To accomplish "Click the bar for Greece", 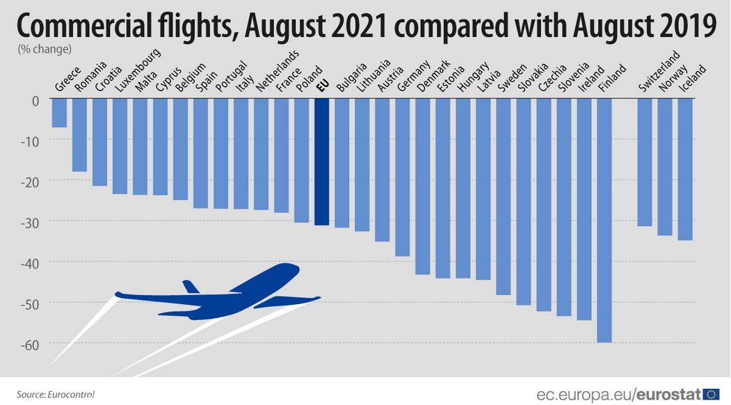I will click(59, 113).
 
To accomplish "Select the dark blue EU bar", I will click(321, 162).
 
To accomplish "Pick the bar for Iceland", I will click(684, 170).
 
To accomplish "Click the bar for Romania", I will click(79, 136).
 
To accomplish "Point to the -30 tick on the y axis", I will click(31, 221).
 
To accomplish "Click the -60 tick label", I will click(31, 343).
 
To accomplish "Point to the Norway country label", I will click(674, 77).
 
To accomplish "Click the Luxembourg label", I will click(136, 72).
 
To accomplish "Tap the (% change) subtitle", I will click(43, 49).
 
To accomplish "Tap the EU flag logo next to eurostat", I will click(712, 394).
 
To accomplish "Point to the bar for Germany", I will click(402, 177).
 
